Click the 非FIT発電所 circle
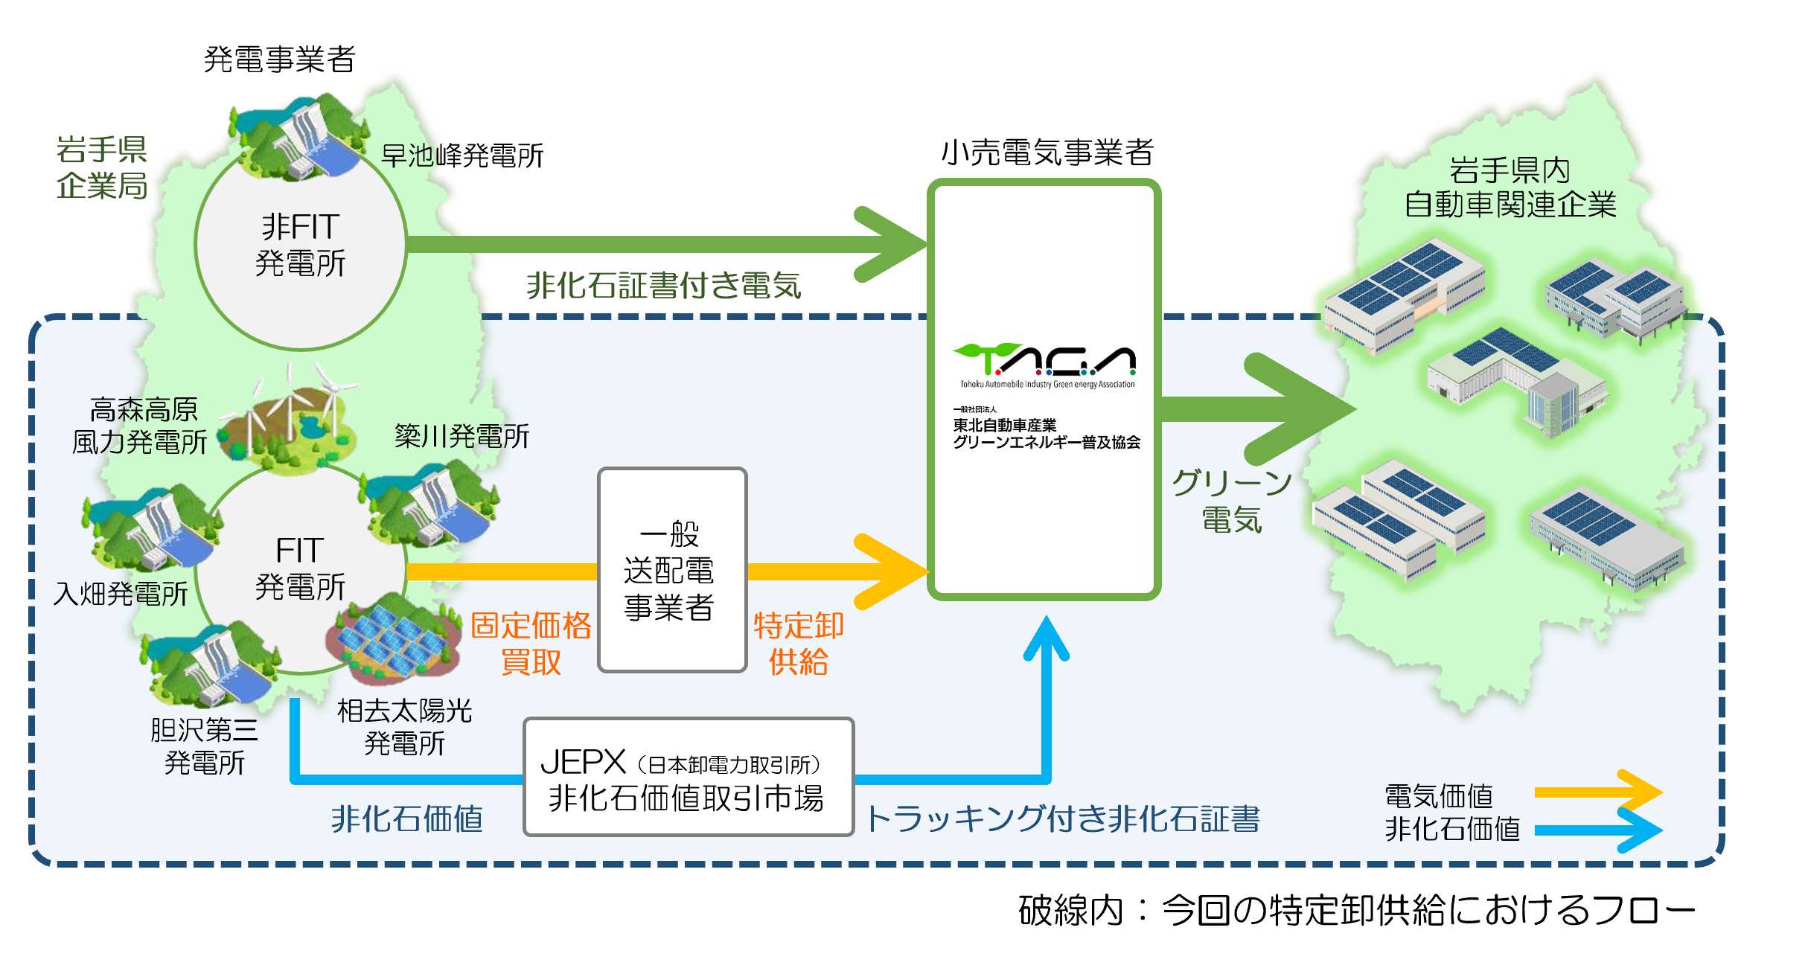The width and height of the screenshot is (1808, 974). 301,245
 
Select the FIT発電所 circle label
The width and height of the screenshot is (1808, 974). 301,568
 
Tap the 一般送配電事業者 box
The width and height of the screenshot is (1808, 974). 671,570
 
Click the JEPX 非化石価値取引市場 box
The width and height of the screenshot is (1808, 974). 688,778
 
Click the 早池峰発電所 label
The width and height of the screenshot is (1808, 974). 462,156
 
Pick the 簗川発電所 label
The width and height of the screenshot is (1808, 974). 461,436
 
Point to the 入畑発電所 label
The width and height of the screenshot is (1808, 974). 121,594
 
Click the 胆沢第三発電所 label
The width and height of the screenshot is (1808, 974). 205,746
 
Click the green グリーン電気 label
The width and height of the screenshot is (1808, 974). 1232,501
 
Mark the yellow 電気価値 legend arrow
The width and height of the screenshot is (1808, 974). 1597,792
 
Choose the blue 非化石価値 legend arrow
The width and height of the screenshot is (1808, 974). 1597,829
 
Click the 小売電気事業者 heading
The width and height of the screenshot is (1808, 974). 1047,153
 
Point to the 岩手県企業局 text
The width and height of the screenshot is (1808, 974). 102,167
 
